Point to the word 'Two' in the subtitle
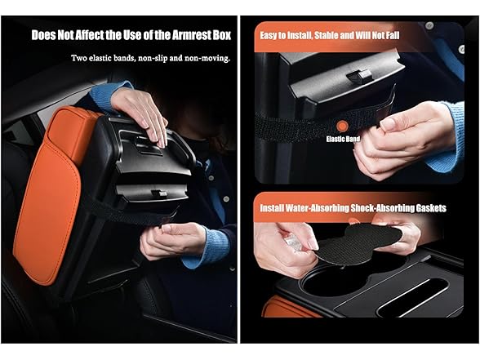tap(80, 59)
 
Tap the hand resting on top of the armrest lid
tap(139, 110)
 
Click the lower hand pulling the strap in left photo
tap(167, 242)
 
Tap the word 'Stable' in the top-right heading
tap(345, 35)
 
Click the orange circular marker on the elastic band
tap(343, 127)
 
